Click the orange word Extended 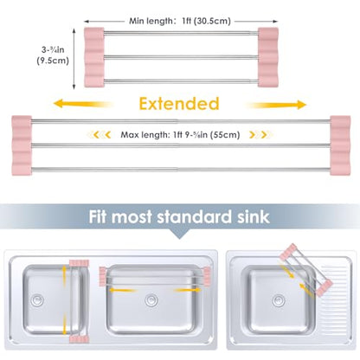179,104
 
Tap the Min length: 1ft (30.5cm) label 180,21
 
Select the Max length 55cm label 180,135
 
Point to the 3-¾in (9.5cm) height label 53,55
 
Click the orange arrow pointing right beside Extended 276,105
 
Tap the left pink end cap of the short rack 94,57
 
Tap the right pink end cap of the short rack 268,57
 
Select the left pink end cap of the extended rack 22,145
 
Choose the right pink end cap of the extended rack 340,145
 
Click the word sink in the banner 254,217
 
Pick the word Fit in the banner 98,217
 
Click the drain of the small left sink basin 37,300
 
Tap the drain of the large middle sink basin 151,300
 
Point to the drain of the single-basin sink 279,300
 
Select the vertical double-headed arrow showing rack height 74,59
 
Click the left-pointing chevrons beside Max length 100,134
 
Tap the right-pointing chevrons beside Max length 260,134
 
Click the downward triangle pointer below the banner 179,234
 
